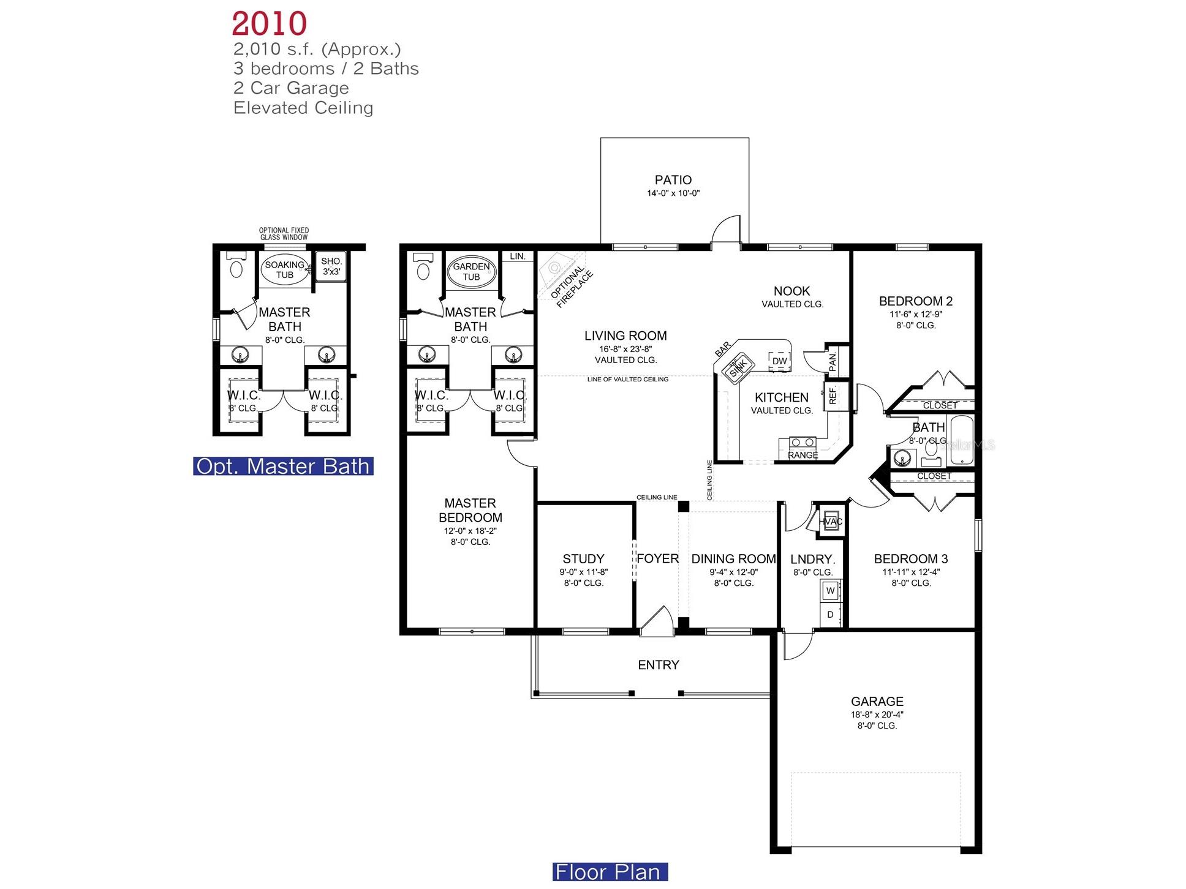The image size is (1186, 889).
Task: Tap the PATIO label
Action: click(x=673, y=180)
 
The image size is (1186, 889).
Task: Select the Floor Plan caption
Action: click(x=609, y=872)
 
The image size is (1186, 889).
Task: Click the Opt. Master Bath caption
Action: click(x=283, y=467)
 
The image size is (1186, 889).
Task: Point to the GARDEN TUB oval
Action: click(x=470, y=271)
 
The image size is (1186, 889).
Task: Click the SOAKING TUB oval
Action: click(x=284, y=269)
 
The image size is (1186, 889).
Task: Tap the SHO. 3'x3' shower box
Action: click(x=331, y=266)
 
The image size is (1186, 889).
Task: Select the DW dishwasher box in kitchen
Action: click(x=779, y=361)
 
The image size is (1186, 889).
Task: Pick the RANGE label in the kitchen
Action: click(x=803, y=455)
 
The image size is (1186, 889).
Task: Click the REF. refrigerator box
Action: click(x=834, y=396)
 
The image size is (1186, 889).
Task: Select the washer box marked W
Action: click(x=830, y=590)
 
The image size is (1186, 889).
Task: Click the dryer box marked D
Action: click(x=830, y=614)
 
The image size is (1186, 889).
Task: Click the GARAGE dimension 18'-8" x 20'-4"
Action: click(x=877, y=714)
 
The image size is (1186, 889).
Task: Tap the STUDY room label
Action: click(x=583, y=558)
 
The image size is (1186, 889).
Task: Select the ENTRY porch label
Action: click(x=658, y=665)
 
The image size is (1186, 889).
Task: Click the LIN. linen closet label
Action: click(x=518, y=257)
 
